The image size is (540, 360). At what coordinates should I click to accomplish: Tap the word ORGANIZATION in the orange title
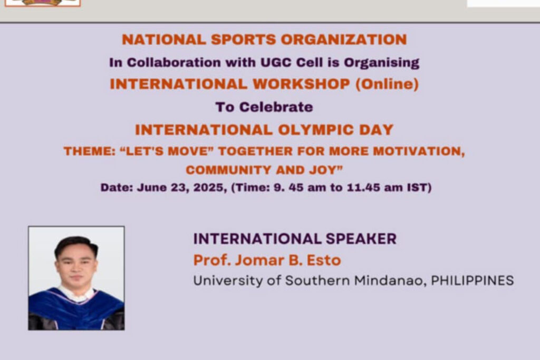[x=344, y=40]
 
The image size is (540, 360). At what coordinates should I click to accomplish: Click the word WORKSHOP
[x=301, y=84]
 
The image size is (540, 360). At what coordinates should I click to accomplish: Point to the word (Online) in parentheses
[x=387, y=84]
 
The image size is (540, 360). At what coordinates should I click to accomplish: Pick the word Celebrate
[x=276, y=107]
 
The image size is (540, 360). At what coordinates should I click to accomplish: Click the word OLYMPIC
[x=316, y=130]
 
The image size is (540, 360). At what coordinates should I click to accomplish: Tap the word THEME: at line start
[x=90, y=151]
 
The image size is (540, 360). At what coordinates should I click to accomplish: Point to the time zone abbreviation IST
[x=419, y=188]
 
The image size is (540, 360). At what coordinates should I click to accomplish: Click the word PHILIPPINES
[x=472, y=280]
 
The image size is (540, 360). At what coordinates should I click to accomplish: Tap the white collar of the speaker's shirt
[x=76, y=293]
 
